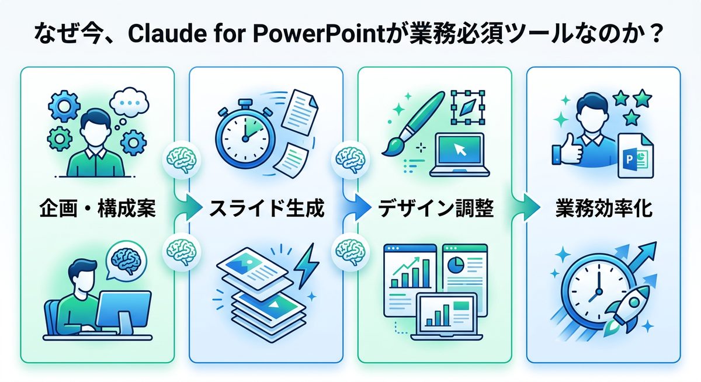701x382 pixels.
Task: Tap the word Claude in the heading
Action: (x=161, y=34)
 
